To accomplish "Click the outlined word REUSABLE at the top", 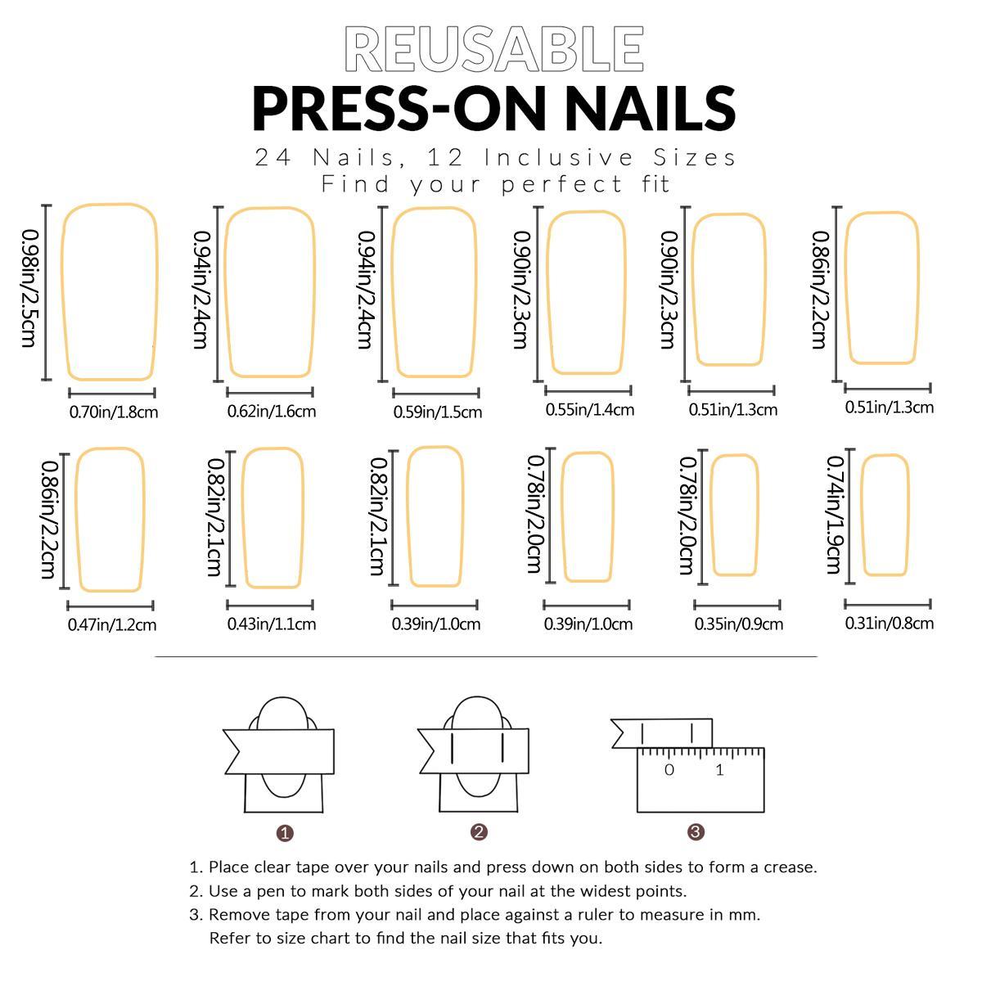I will coord(494,49).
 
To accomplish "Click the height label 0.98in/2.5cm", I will coord(29,287).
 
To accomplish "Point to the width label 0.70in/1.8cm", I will coord(114,412).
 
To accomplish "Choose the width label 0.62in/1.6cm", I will coord(271,411).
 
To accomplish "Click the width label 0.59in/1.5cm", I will coord(437,412).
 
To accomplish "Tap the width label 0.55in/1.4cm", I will coord(589,409).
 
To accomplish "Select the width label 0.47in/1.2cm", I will coord(112,625).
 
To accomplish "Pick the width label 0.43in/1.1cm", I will coord(271,624).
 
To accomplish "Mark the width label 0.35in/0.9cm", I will coord(738,624).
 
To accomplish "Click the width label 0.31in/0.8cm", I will coord(889,624).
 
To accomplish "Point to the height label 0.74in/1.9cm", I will coord(834,515).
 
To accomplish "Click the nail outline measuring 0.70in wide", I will coord(110,292).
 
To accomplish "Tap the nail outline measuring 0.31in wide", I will coord(885,516).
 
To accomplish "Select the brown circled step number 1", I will coord(285,833).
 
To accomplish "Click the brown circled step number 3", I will coord(696,832).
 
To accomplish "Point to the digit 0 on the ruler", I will coord(669,770).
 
